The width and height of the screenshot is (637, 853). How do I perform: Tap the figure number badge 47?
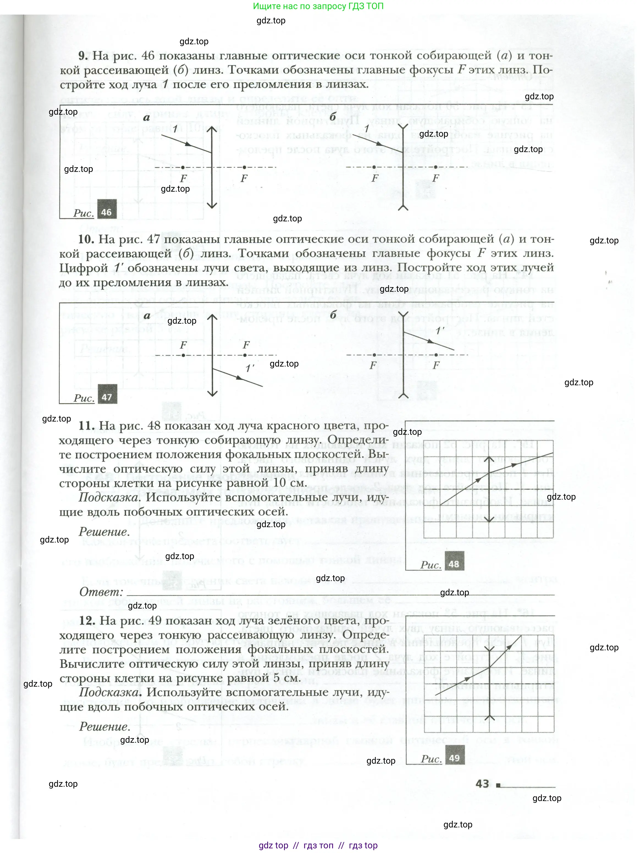pos(107,397)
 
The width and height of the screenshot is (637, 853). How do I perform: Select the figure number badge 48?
pos(454,564)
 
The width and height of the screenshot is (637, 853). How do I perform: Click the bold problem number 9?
pos(84,56)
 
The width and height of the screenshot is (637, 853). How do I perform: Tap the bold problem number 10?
pos(86,239)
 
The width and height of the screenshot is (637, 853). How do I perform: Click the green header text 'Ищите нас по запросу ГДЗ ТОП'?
pos(318,6)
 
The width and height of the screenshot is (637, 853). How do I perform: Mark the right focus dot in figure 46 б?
pos(436,167)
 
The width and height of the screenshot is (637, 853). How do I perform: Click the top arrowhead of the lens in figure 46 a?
pos(212,129)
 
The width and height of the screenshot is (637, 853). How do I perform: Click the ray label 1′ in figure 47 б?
pos(440,331)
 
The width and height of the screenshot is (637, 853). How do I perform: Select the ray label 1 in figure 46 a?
pos(175,129)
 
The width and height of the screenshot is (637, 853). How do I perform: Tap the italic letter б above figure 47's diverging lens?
pos(333,314)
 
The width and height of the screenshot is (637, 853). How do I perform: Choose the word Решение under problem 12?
pos(104,727)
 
